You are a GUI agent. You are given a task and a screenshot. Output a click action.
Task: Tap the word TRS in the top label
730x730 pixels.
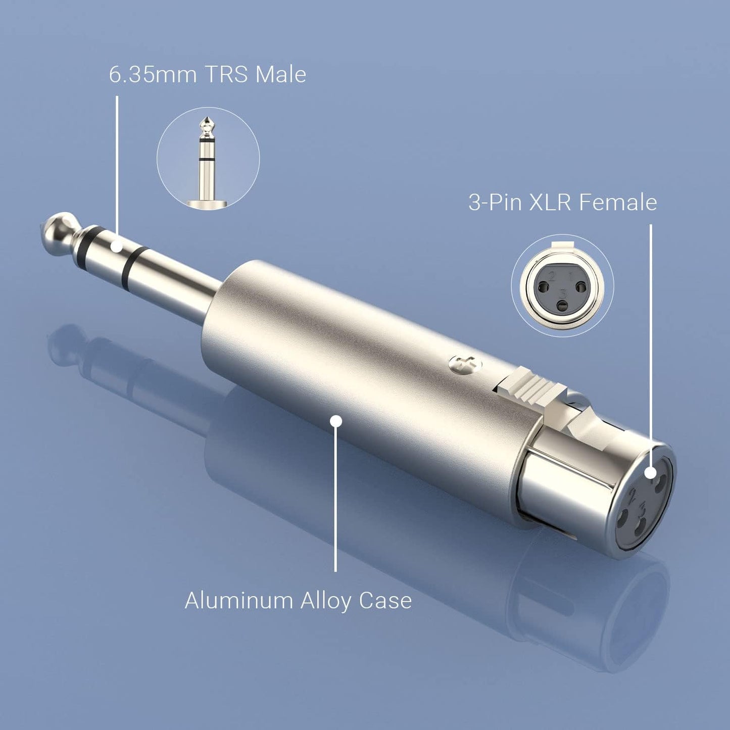(226, 75)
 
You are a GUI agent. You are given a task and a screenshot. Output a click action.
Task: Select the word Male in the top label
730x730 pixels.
(281, 75)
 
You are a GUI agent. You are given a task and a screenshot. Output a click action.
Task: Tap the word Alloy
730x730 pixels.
(327, 602)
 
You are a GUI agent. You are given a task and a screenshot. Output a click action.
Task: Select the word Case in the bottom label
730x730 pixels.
(385, 601)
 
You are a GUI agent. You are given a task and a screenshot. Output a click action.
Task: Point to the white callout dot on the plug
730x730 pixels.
(117, 247)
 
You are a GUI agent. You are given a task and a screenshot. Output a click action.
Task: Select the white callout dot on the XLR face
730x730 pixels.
(651, 472)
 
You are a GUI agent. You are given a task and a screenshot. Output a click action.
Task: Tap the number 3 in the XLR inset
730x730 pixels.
(564, 293)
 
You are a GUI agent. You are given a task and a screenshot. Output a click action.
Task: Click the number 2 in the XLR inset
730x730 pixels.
(551, 276)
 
